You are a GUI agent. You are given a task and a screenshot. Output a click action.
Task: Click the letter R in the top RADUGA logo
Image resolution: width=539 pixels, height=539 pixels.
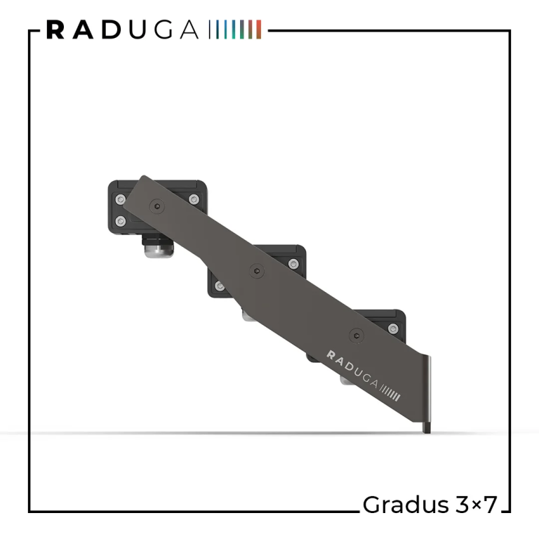[x=55, y=29]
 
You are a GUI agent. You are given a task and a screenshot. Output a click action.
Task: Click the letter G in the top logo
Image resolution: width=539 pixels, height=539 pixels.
[x=163, y=29]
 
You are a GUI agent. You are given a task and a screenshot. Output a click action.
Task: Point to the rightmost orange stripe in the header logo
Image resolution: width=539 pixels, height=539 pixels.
[x=259, y=29]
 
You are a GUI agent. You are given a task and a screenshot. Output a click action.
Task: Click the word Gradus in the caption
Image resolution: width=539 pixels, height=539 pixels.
[x=406, y=505]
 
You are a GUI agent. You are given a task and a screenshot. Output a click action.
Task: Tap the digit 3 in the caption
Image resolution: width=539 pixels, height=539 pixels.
[x=462, y=505]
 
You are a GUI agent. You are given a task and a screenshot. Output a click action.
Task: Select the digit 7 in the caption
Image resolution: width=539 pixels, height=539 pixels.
[x=490, y=505]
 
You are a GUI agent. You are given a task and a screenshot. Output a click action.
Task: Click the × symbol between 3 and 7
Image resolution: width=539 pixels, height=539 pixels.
[x=476, y=505]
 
